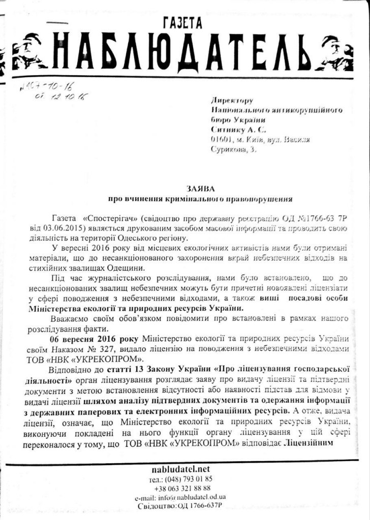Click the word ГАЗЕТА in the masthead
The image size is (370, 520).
point(183,22)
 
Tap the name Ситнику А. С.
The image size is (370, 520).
point(238,129)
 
